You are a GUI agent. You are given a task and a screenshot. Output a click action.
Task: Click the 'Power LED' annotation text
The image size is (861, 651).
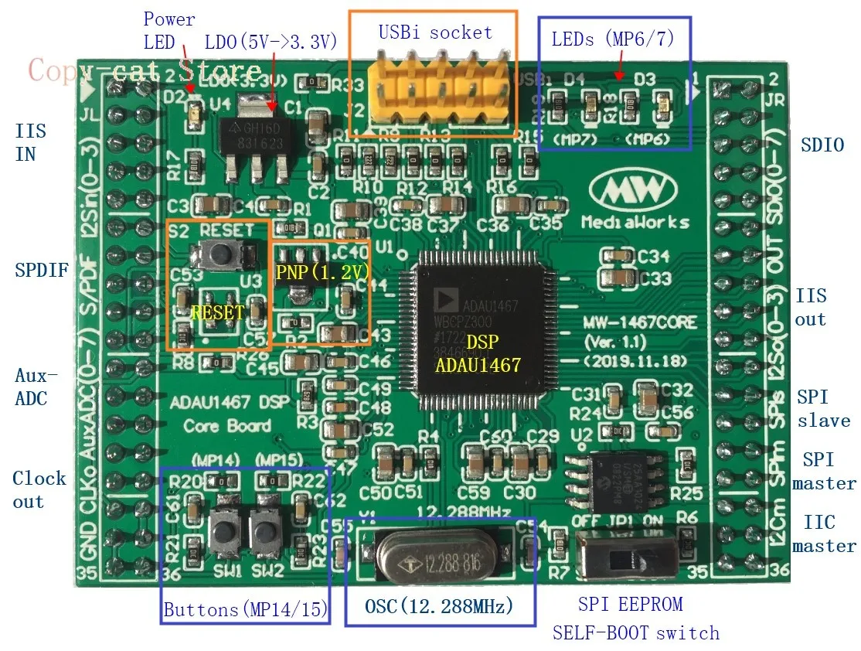click(168, 29)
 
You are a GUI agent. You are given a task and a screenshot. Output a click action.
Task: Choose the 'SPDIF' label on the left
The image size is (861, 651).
click(42, 271)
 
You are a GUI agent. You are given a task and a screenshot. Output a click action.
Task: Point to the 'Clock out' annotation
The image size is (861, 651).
click(39, 489)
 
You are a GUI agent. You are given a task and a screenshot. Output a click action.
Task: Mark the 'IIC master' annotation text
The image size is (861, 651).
click(824, 534)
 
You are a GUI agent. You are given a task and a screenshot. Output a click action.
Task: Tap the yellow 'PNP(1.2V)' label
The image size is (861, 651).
click(320, 272)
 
